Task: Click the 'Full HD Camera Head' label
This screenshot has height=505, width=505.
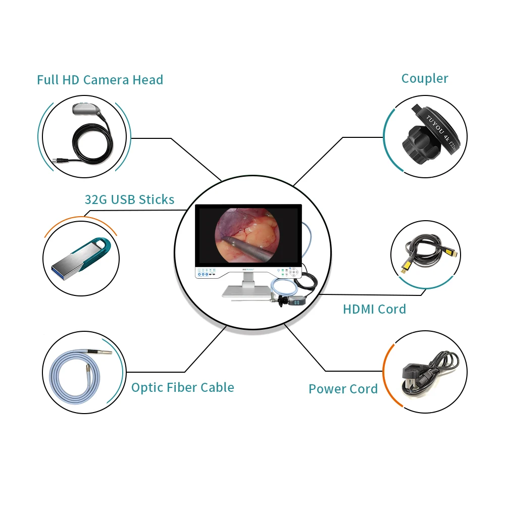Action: pos(100,80)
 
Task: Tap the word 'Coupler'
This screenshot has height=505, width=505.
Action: pos(425,78)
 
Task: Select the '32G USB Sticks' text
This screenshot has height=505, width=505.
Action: pos(129,199)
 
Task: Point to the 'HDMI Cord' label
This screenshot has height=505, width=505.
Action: pos(374,309)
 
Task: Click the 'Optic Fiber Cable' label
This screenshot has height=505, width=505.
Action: pos(182,387)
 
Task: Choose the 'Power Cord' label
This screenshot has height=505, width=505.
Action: pos(343,389)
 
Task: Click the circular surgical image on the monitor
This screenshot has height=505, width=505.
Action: pos(247,234)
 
